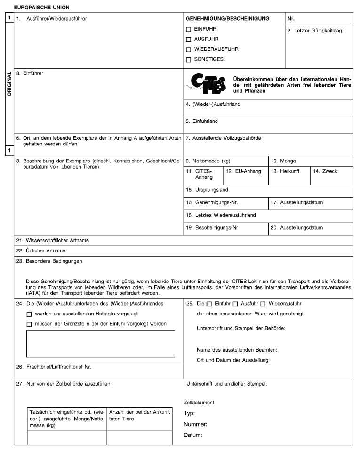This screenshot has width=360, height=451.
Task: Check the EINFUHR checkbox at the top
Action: [189, 29]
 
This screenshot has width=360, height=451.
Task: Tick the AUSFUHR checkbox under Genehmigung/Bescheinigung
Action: [189, 39]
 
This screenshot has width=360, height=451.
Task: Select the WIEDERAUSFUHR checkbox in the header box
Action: [189, 49]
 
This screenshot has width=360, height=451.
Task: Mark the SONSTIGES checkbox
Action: [189, 60]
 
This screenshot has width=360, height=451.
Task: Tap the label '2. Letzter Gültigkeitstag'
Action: [316, 31]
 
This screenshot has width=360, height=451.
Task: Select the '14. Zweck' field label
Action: [325, 171]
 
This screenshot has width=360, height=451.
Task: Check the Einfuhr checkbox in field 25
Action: [209, 304]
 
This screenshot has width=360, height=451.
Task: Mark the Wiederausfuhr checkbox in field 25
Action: [264, 304]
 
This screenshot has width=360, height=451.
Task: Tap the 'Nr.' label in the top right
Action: [290, 19]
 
